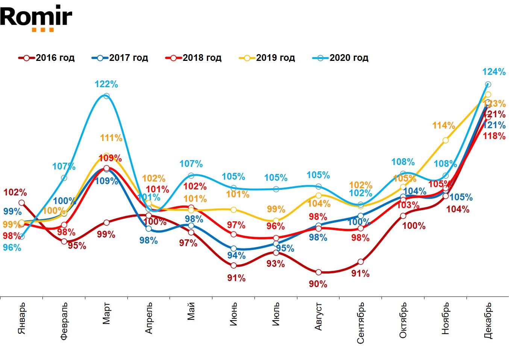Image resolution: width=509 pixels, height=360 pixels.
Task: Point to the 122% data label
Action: (x=106, y=85)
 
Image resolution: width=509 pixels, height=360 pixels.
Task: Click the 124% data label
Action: (x=494, y=72)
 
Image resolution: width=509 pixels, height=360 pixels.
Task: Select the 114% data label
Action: (x=444, y=126)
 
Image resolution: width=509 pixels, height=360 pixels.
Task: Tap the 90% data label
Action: (x=318, y=284)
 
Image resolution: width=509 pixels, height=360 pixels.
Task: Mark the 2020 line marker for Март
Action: (x=106, y=96)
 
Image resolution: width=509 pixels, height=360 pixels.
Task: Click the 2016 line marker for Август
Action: (x=318, y=272)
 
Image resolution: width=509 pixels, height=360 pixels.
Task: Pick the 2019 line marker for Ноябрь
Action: (x=445, y=140)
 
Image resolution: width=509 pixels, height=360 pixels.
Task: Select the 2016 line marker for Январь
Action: (x=21, y=203)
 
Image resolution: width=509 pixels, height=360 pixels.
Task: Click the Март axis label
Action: (x=106, y=313)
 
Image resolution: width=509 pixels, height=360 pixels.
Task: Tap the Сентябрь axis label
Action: (x=361, y=323)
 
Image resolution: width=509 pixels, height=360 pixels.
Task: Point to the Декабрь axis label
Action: (x=488, y=320)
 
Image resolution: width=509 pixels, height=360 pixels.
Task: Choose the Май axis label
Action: (x=191, y=311)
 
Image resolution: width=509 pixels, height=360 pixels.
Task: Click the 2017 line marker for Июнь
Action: (x=233, y=249)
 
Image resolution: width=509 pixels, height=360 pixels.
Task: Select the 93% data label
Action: (x=276, y=264)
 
